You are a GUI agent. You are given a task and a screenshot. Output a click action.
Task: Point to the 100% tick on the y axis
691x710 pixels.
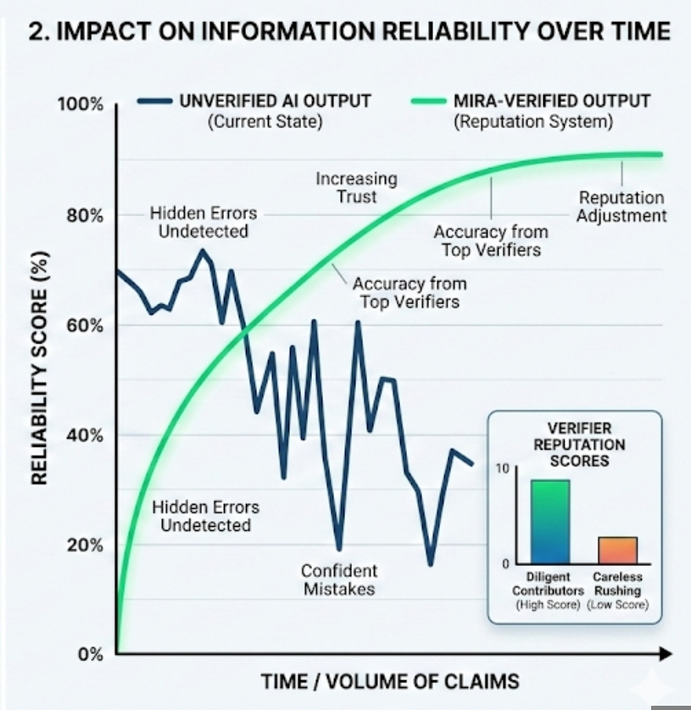(81, 105)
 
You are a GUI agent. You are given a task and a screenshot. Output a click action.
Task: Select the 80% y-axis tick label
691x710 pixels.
(86, 215)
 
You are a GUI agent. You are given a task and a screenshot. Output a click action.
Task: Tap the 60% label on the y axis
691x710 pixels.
(86, 326)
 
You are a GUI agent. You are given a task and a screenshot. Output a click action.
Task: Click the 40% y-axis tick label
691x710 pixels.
(86, 435)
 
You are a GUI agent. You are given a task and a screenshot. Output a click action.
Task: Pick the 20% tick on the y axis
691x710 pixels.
(86, 545)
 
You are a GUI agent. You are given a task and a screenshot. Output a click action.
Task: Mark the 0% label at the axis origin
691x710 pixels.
(90, 654)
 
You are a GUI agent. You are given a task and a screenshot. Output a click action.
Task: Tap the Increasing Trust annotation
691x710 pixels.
(356, 187)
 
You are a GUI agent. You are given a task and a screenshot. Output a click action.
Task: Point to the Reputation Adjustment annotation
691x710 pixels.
(621, 206)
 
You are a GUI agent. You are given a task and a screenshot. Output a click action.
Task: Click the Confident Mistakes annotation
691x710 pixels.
(339, 579)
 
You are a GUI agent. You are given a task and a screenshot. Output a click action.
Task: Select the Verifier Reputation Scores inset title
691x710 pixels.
(579, 444)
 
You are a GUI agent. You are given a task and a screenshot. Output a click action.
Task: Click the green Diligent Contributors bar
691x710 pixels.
(549, 522)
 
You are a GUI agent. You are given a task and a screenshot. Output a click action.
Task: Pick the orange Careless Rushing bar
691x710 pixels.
(616, 550)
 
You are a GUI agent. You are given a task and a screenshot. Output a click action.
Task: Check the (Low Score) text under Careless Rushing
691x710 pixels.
(617, 605)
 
